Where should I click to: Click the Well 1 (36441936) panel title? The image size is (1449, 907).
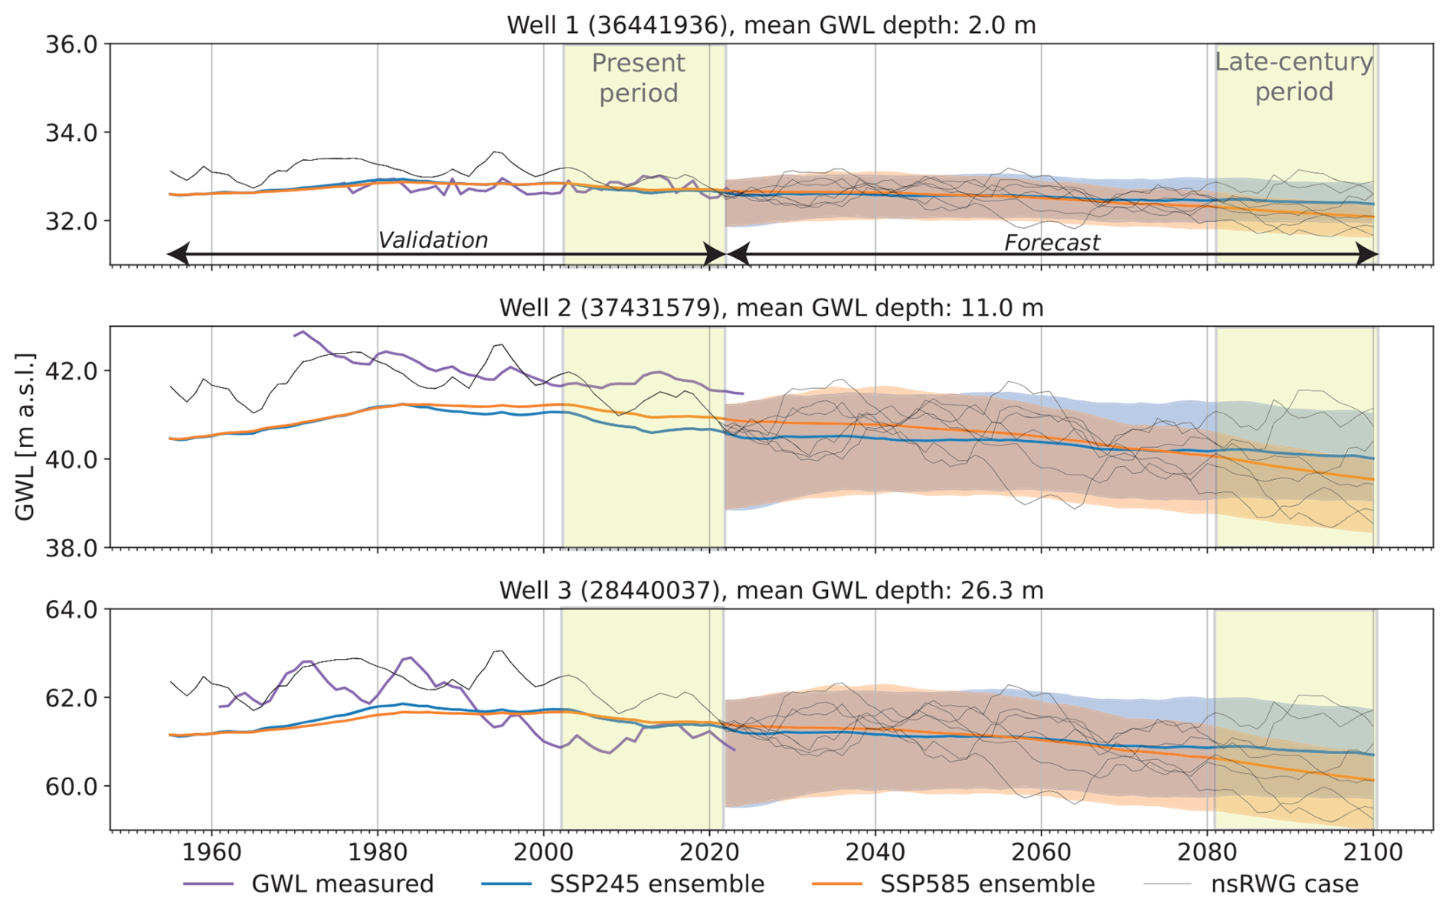tap(770, 25)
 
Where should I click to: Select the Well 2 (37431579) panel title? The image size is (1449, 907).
tap(770, 308)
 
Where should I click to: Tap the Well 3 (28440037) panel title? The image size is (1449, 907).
tap(770, 590)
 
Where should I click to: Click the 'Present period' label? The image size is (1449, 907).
tap(638, 77)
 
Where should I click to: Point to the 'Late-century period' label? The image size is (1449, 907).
tap(1294, 77)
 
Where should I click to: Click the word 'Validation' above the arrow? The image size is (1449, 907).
tap(433, 240)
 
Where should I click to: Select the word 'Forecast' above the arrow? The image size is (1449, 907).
tap(1052, 243)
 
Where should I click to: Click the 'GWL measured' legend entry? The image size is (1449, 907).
tap(342, 884)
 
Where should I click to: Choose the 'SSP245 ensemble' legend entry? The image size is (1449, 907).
tap(656, 884)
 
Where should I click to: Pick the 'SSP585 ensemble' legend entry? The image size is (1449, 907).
tap(986, 884)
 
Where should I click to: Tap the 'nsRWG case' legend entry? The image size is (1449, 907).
tap(1284, 884)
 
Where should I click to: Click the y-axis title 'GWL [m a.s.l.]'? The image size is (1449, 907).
tap(25, 437)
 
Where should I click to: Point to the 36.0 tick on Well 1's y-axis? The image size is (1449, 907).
tap(72, 44)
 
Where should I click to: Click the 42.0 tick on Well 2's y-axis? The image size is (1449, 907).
tap(72, 371)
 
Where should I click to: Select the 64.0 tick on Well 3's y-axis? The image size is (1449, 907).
tap(72, 610)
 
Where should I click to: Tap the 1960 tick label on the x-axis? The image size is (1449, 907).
tap(211, 852)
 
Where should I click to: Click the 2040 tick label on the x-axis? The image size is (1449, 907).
tap(875, 852)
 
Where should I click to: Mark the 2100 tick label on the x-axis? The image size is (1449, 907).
tap(1374, 852)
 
